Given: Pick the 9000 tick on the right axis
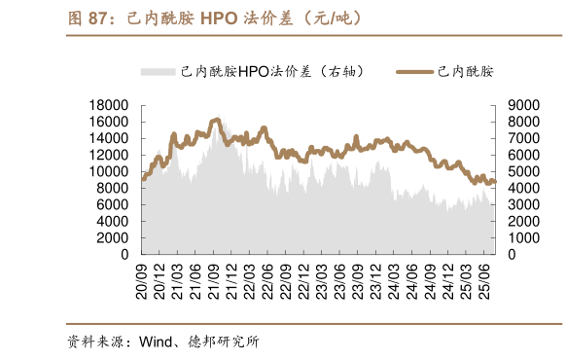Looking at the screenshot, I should coord(523,105).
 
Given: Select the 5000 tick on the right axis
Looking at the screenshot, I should coord(523,171).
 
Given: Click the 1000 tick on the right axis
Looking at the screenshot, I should coord(523,237).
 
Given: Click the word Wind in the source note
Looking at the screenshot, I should coord(156,342).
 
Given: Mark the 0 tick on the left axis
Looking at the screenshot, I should coord(124,254).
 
